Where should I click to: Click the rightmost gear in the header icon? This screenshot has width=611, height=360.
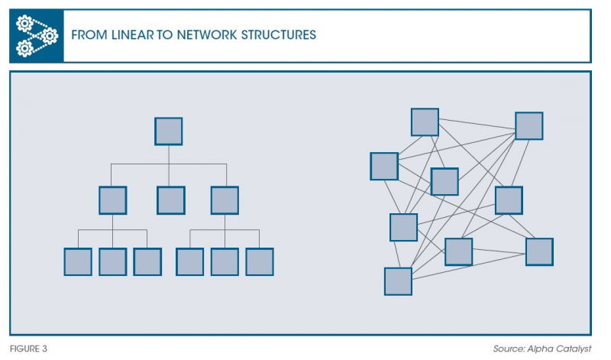point(50,34)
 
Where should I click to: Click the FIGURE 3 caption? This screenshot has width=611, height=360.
point(28,349)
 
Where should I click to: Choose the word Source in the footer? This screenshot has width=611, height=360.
point(509,349)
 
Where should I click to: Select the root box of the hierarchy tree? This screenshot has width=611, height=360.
point(169,131)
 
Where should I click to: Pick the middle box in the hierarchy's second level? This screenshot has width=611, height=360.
point(170,200)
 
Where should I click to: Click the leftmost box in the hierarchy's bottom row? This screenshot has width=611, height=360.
point(77,261)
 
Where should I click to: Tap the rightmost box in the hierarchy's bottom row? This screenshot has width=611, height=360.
point(260,261)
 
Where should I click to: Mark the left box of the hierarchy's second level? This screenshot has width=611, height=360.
point(112,200)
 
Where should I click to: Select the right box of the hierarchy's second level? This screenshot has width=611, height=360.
point(225,200)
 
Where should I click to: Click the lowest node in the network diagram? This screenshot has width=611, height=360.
point(398,281)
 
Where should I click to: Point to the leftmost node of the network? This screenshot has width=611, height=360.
point(383,166)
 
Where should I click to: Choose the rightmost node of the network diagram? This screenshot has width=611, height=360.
point(538,251)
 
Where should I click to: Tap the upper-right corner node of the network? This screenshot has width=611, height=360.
point(529,125)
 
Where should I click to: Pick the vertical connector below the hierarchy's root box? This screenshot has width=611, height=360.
point(169,154)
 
